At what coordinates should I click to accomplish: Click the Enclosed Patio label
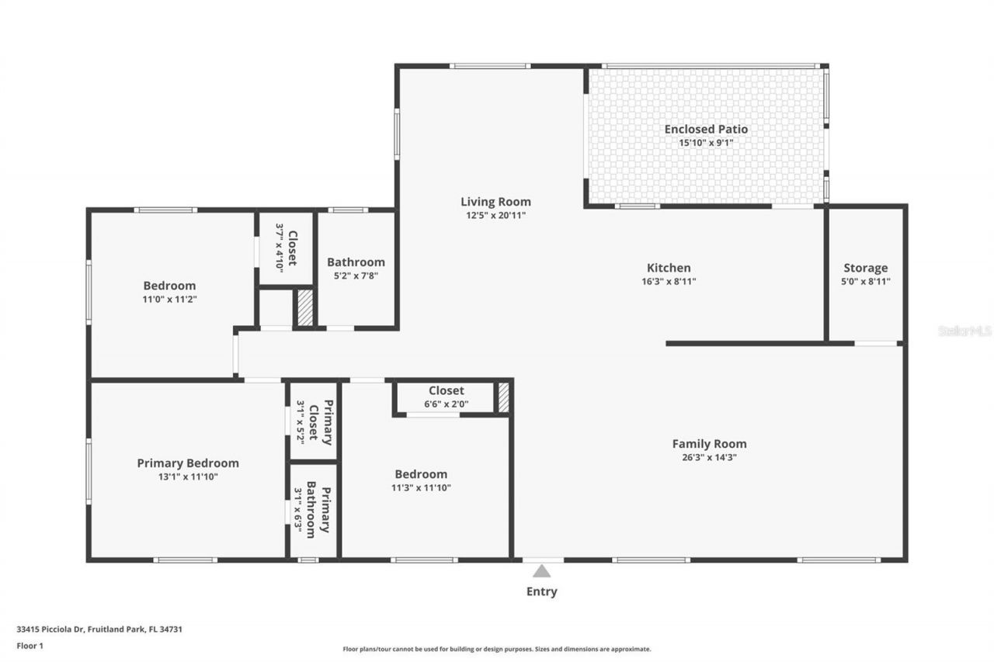click(706, 129)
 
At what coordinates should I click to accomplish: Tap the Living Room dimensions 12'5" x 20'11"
click(495, 215)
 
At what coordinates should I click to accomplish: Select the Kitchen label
click(669, 268)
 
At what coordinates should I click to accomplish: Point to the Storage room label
click(865, 268)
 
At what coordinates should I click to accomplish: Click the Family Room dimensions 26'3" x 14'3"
click(709, 457)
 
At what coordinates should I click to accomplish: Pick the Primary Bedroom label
click(188, 463)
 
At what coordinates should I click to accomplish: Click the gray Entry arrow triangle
click(541, 571)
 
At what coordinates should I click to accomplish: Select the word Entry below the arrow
click(541, 591)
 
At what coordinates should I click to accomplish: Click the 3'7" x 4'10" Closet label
click(287, 247)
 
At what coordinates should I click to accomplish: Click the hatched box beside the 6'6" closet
click(503, 397)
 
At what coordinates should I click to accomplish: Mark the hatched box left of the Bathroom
click(304, 307)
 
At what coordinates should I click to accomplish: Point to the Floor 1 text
click(30, 645)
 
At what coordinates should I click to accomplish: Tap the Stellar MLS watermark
click(964, 331)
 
